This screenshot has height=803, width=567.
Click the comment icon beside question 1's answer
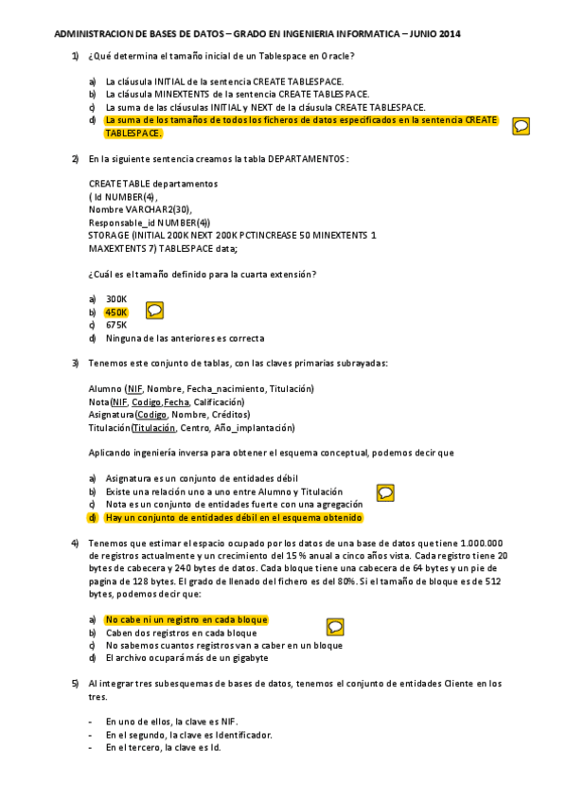tap(520, 125)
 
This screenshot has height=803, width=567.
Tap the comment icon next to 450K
tap(156, 310)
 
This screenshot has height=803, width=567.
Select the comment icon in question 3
tap(385, 492)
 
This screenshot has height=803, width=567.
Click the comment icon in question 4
tap(335, 626)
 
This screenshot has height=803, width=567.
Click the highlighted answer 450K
tap(116, 312)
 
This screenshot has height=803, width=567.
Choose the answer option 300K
tap(115, 298)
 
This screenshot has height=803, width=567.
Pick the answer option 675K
tap(115, 325)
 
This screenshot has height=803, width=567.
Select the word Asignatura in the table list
tap(110, 415)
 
